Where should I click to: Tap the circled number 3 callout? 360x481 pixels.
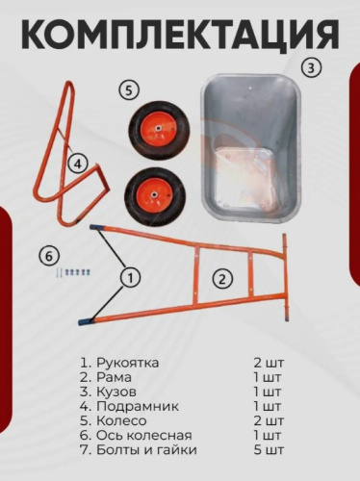point(309,68)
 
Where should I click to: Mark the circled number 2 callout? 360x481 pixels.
point(222,279)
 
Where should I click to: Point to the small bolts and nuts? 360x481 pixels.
point(73,273)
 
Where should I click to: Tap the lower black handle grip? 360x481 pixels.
point(87,317)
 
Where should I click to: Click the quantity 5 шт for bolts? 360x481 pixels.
point(269,449)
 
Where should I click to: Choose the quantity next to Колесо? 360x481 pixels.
point(269,420)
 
